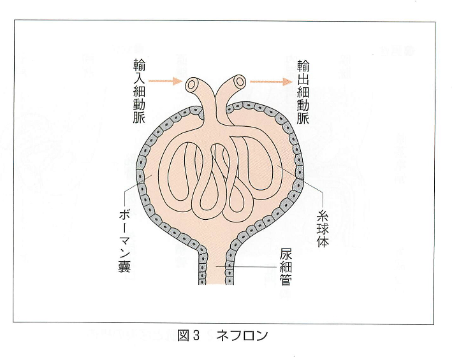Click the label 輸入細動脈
[139, 91]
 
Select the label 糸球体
[323, 229]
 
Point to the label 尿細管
[286, 268]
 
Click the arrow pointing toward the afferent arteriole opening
[165, 81]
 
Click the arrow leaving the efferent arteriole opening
[269, 82]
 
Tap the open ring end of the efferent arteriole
[239, 82]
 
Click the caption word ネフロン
[242, 336]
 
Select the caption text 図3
[189, 336]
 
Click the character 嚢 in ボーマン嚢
[125, 266]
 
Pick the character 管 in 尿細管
[286, 280]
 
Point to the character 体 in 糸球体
[323, 241]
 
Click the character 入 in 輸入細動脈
[139, 78]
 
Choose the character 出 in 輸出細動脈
[303, 79]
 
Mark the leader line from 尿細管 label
[247, 267]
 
